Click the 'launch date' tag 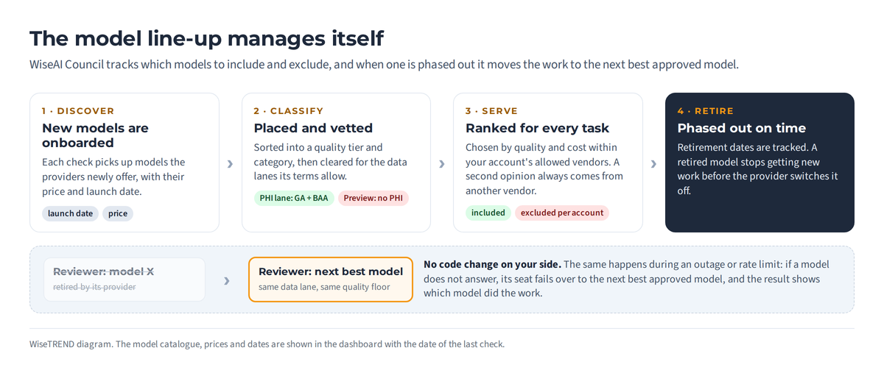click(70, 213)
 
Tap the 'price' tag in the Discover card click(118, 213)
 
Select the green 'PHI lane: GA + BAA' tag click(294, 198)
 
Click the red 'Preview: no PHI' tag click(373, 198)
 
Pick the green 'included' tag click(488, 213)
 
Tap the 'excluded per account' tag click(562, 213)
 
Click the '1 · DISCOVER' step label click(78, 111)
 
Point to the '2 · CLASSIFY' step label click(289, 111)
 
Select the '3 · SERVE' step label click(491, 111)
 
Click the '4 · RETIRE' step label click(705, 111)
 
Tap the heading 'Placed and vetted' click(313, 128)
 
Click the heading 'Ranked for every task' click(537, 128)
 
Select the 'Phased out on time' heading click(742, 128)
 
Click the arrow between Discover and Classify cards click(230, 164)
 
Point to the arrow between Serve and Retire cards click(653, 164)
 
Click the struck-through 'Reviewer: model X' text click(103, 271)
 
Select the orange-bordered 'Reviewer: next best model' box click(331, 280)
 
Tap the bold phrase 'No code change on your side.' click(493, 264)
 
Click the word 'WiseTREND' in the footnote click(52, 344)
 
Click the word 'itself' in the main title click(357, 38)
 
